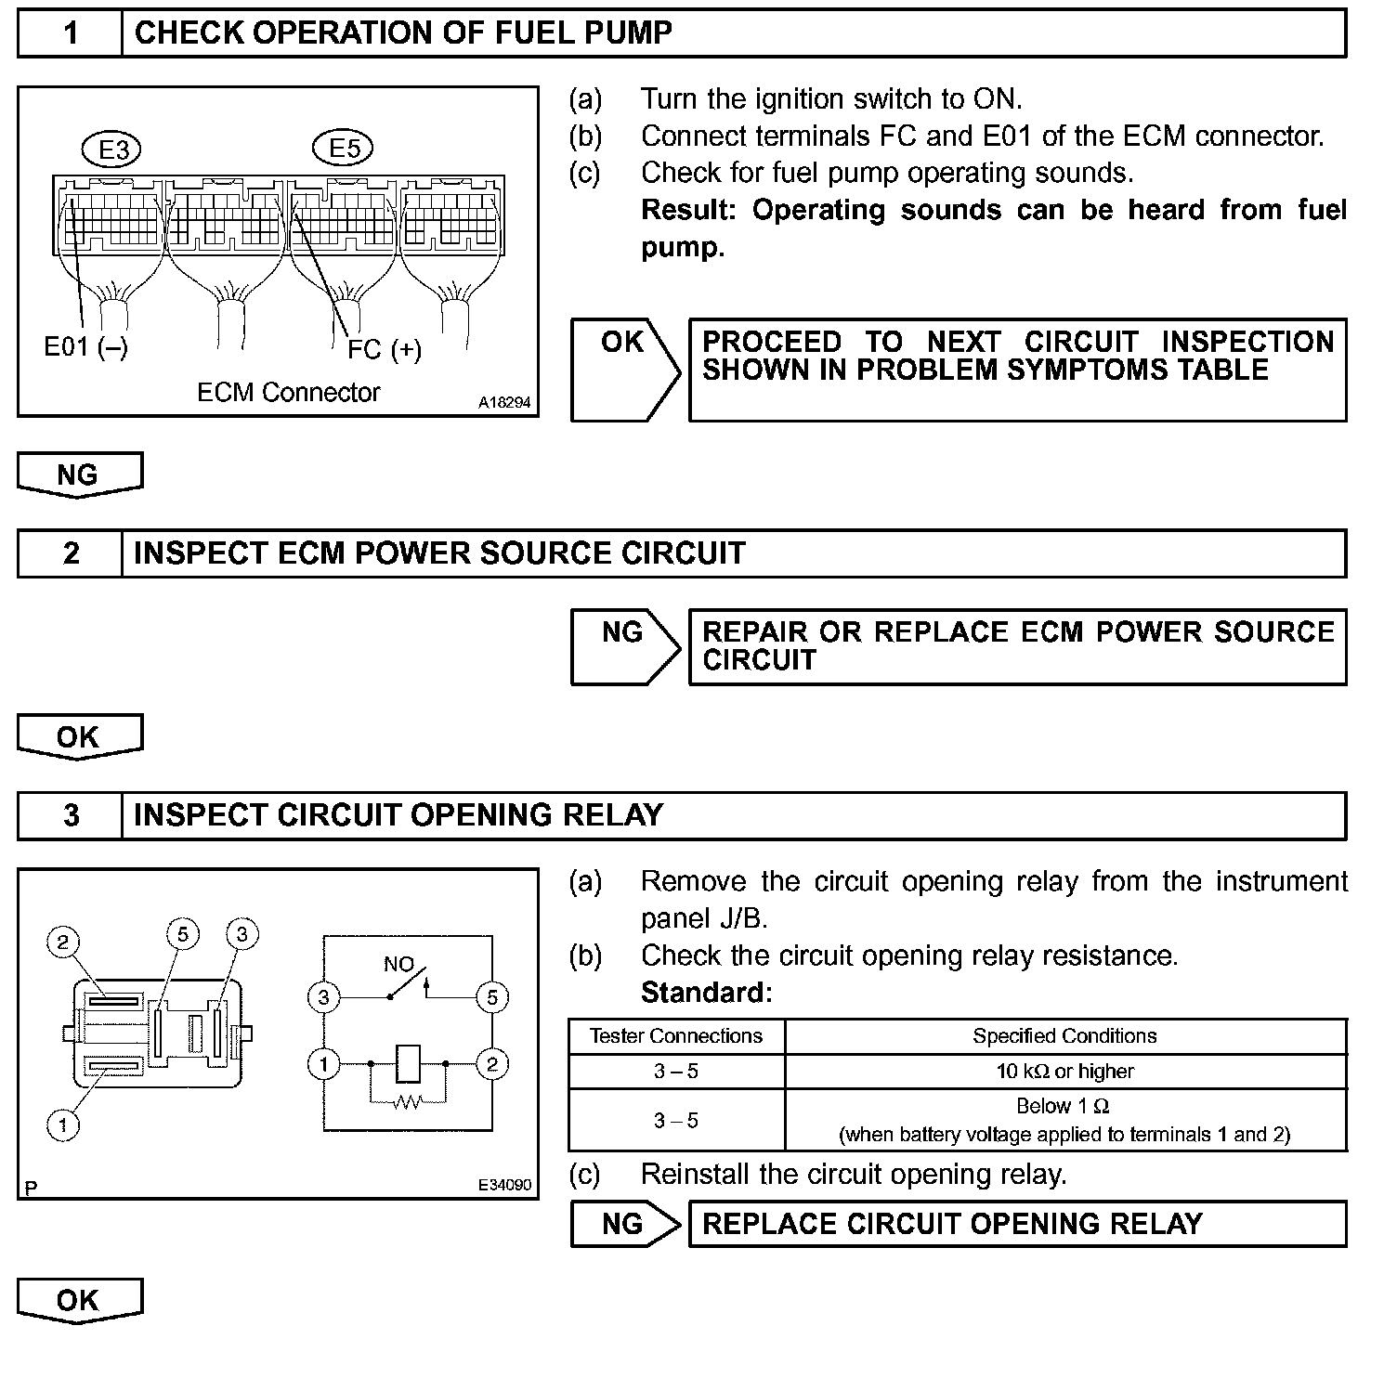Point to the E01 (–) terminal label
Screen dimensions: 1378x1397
click(x=86, y=346)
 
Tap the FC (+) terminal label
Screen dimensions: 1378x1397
click(x=385, y=349)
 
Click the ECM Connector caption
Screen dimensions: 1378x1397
click(x=288, y=392)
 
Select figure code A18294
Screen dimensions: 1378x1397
click(x=504, y=403)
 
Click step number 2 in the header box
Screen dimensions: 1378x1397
click(x=71, y=553)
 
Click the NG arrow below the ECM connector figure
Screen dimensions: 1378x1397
click(x=79, y=474)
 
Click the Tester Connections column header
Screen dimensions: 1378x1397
click(x=676, y=1036)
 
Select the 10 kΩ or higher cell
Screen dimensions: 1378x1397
click(x=1065, y=1072)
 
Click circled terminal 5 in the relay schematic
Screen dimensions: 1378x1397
click(x=491, y=998)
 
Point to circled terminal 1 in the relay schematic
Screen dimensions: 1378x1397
click(x=324, y=1064)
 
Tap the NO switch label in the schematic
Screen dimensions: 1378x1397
click(x=398, y=965)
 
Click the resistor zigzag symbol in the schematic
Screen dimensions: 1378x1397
click(x=408, y=1102)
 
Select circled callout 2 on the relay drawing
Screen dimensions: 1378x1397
click(x=62, y=942)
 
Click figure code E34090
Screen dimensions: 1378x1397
click(x=504, y=1185)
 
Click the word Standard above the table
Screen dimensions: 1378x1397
click(x=706, y=993)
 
